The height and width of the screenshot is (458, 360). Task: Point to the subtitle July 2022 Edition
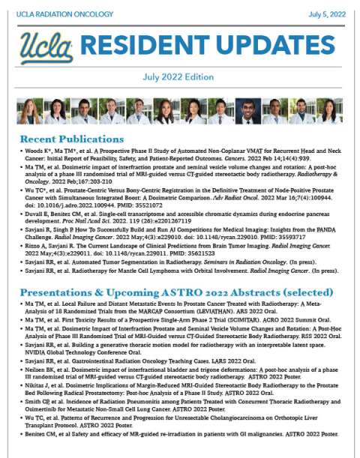tap(179, 77)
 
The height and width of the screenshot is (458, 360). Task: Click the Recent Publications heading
tap(71, 139)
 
